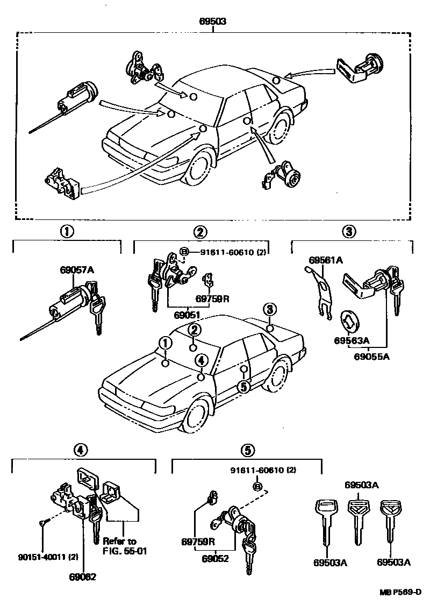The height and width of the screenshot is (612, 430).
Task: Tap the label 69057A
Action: coord(77,270)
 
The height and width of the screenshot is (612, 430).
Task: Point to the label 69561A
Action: coord(326,260)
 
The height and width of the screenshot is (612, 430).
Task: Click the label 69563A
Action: coord(352,340)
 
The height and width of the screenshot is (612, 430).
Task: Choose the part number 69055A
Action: coord(372,355)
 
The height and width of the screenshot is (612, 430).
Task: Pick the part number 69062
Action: coord(83,577)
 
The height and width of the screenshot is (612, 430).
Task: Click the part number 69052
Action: coord(216,558)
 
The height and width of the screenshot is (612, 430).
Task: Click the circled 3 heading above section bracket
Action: coord(348,232)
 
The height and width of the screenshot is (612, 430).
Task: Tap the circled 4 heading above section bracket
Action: coord(80,450)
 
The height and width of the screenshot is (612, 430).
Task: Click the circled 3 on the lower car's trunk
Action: coord(270,309)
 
